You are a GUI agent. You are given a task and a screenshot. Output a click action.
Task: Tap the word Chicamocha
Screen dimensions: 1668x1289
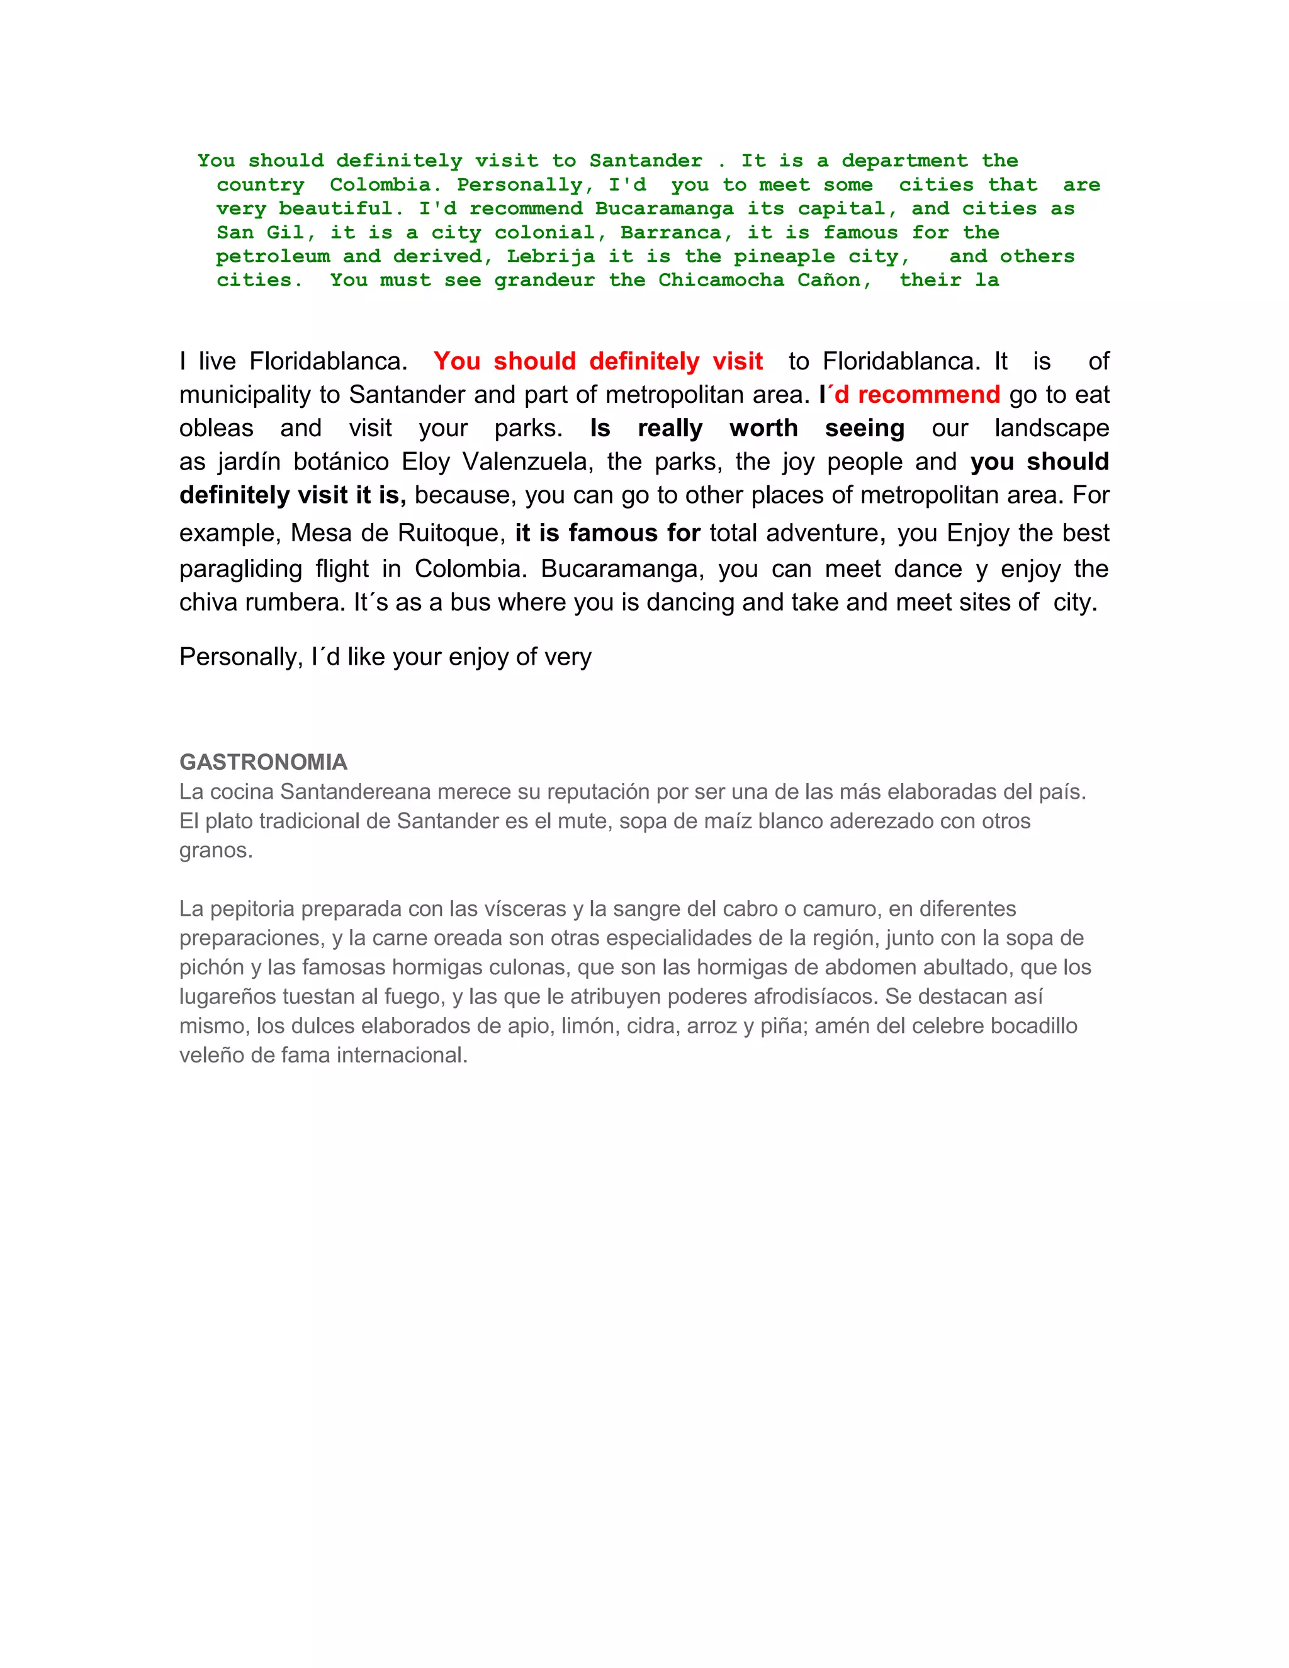pos(720,280)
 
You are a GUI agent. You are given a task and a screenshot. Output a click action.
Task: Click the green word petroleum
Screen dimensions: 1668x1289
pos(273,257)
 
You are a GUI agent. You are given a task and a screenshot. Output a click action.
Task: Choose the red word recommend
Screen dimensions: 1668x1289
pos(928,394)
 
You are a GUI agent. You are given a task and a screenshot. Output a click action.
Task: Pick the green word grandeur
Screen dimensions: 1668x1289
pos(544,280)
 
